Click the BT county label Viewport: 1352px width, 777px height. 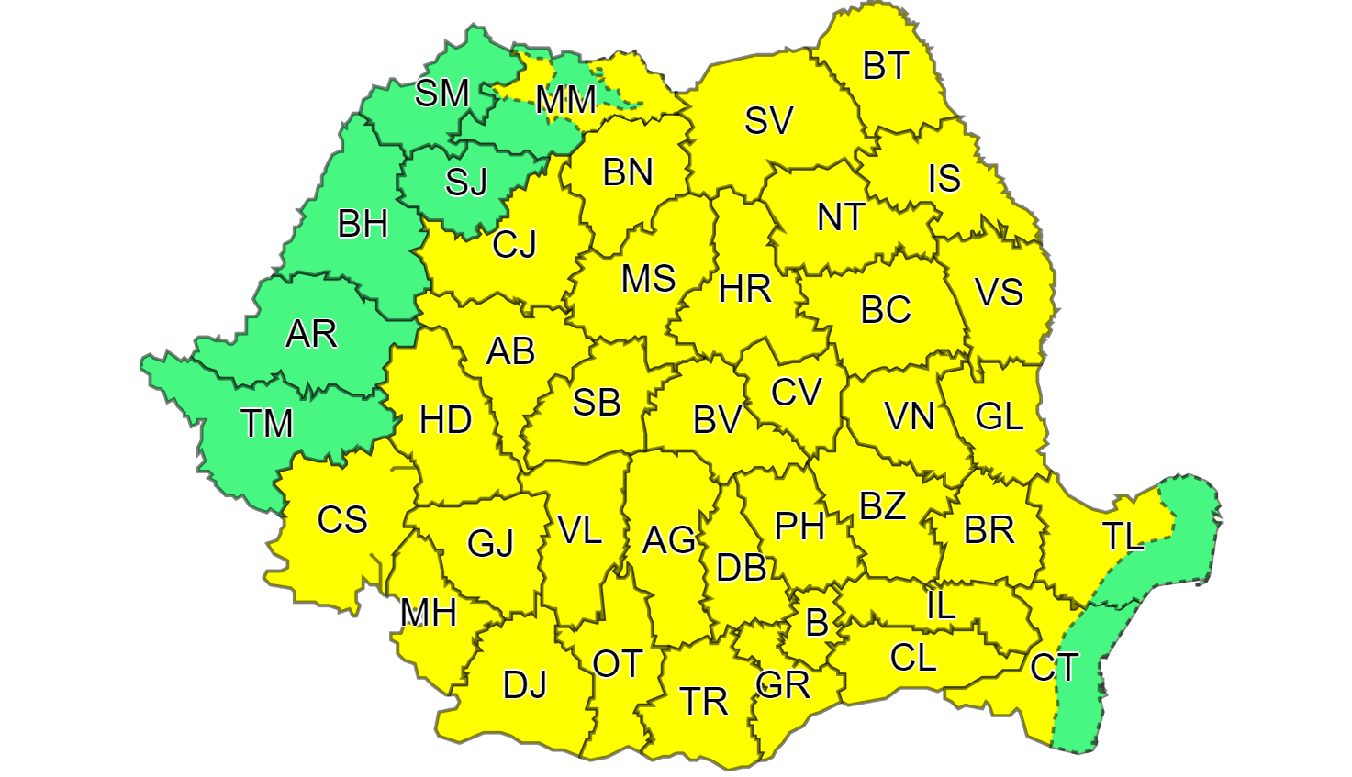click(886, 66)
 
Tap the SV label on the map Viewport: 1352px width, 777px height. click(768, 120)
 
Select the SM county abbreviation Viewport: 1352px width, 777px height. click(441, 93)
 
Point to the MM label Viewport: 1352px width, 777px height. click(565, 100)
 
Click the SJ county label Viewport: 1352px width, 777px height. click(466, 183)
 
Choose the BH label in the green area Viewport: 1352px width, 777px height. click(363, 224)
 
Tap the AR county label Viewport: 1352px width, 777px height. click(311, 334)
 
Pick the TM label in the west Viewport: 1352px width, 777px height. click(266, 423)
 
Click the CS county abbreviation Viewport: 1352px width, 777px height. click(342, 520)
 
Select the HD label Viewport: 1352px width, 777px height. click(445, 420)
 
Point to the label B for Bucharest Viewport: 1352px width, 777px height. click(816, 624)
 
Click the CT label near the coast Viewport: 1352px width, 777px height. click(1054, 667)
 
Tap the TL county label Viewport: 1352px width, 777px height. click(1123, 537)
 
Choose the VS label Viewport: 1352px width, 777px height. click(999, 293)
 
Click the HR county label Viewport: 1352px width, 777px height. click(744, 290)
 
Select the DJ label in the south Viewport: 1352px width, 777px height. click(524, 684)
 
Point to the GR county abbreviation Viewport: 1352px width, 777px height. click(783, 684)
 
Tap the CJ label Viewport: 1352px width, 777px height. click(514, 245)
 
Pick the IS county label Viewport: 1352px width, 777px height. click(944, 179)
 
